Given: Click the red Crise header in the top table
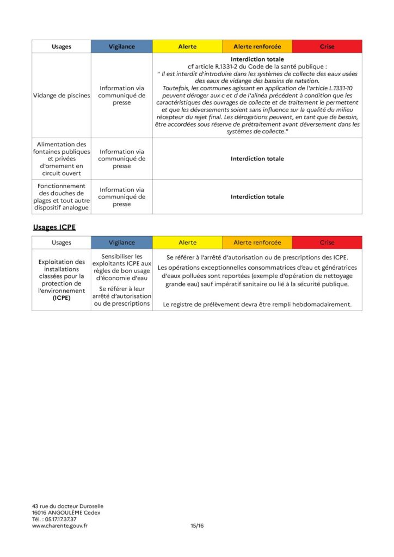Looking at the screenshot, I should pos(327,47).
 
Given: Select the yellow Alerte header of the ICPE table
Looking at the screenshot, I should pos(187,243).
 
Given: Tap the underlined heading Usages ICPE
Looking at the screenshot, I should pos(54,227).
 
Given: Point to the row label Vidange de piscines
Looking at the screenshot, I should pos(61,95).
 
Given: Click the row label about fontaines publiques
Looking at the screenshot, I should pos(61,159).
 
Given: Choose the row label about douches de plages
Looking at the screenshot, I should pos(61,197).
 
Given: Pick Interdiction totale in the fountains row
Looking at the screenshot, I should pos(257,159).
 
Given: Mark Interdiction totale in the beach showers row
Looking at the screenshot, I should pos(257,197).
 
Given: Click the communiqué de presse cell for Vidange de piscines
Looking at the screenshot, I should pos(121,95).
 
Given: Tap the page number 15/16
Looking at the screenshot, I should pos(196,526).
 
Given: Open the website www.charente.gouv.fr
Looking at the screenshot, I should pos(60,526).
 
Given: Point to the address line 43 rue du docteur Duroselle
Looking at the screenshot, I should pos(67,506).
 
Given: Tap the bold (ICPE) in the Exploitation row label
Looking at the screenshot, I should pos(61,299).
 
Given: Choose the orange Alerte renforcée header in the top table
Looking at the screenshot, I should pos(257,47).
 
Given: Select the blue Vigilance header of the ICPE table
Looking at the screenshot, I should pos(121,243).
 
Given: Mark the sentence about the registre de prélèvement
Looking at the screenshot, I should pos(257,305).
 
